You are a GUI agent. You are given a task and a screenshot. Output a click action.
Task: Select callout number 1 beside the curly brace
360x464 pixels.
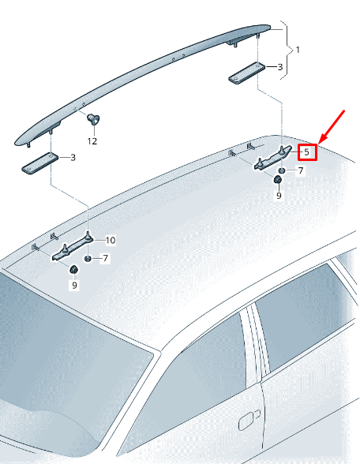coord(297,50)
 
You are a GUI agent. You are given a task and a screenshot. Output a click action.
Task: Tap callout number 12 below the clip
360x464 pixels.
coord(92,141)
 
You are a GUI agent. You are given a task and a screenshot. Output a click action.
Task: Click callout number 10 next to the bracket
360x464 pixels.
coord(111,240)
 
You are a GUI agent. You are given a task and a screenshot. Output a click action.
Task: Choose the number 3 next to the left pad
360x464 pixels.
coord(72,158)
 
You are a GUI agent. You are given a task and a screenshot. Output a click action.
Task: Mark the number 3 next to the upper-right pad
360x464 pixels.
coord(279,67)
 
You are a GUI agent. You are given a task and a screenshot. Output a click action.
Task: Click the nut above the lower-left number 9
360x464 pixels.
coord(73,271)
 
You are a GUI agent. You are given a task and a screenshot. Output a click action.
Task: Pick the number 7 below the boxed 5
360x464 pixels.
coord(300,170)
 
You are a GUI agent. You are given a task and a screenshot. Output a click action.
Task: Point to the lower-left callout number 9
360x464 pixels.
coord(73,286)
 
